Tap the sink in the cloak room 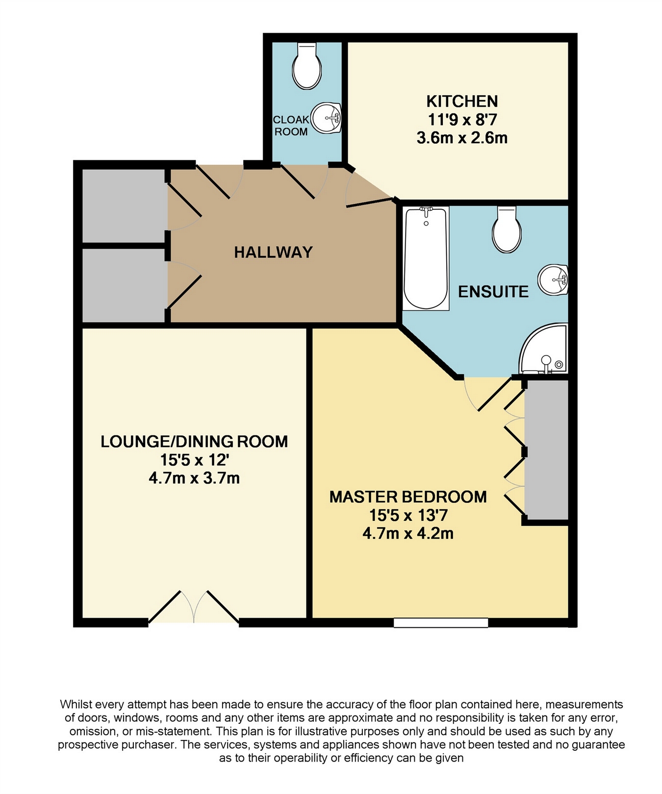point(326,118)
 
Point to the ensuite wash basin point(553,280)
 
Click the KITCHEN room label point(462,102)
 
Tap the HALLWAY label point(273,252)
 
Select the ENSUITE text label point(493,292)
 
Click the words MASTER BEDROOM point(408,497)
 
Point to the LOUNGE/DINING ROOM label point(194,441)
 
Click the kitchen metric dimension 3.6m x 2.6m point(462,138)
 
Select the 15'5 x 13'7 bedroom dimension point(408,515)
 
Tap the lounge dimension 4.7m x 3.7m point(194,478)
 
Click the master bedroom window point(441,622)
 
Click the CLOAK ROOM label point(291,126)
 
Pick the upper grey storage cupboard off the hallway point(124,205)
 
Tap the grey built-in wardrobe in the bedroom point(546,449)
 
